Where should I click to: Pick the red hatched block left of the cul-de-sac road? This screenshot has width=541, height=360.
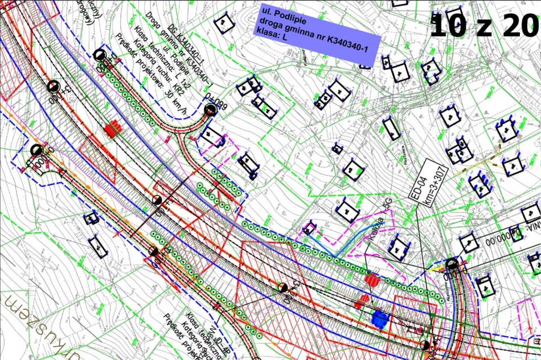pyautogui.click(x=112, y=129)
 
